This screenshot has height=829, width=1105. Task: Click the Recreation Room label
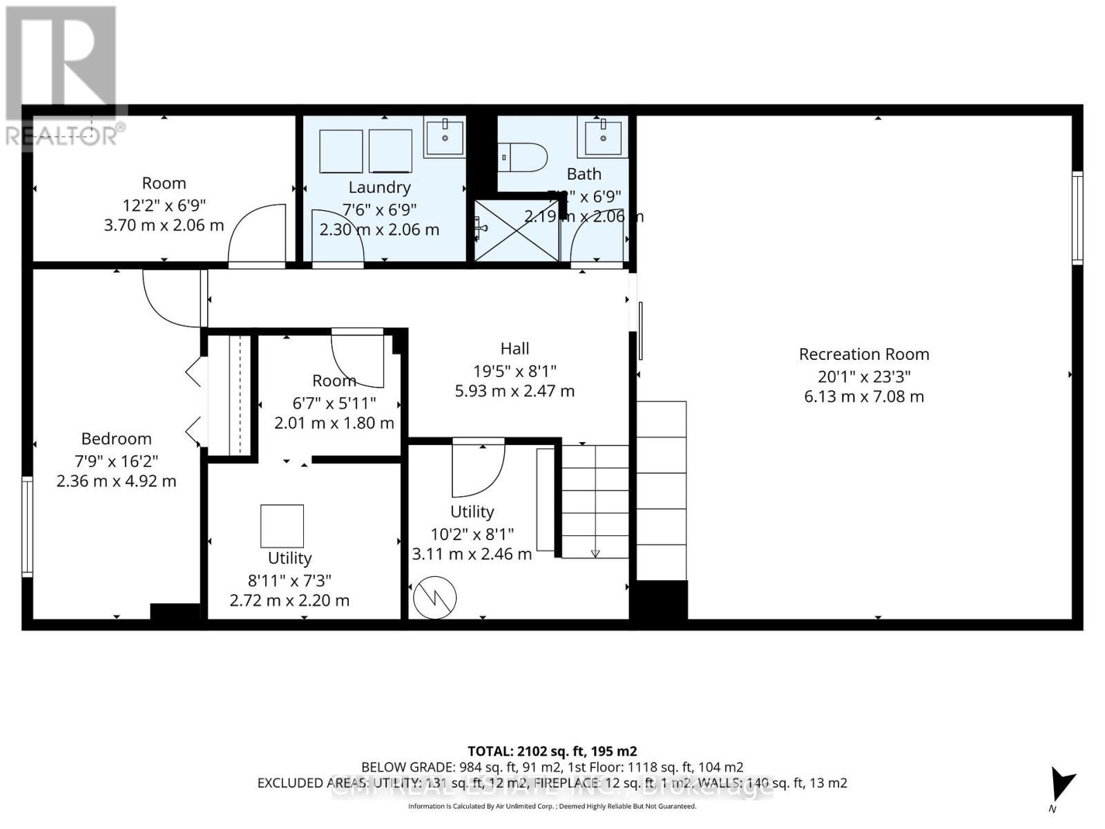point(864,354)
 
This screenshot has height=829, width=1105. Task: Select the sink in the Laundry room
point(444,137)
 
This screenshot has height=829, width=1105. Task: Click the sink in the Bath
point(603,137)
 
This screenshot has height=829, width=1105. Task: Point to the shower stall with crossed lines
point(517,231)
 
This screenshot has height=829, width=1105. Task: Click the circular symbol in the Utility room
point(434,598)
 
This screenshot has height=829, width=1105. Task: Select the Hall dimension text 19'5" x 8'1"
point(515,371)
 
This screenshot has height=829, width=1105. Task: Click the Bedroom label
point(116,439)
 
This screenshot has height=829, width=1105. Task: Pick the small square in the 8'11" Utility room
point(282,526)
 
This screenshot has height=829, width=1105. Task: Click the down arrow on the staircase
point(595,553)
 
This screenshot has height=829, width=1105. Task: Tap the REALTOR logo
point(62,76)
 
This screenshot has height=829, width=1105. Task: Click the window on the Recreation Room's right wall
point(1077,218)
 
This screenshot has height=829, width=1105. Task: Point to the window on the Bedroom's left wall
point(28,526)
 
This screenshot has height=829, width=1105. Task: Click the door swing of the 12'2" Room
point(257,234)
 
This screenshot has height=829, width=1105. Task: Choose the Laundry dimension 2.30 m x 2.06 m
point(379,230)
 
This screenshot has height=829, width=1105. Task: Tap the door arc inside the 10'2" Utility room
point(478,470)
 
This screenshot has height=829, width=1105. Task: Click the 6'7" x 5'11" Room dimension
point(334,402)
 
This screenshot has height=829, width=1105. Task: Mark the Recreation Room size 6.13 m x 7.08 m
point(864,397)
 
